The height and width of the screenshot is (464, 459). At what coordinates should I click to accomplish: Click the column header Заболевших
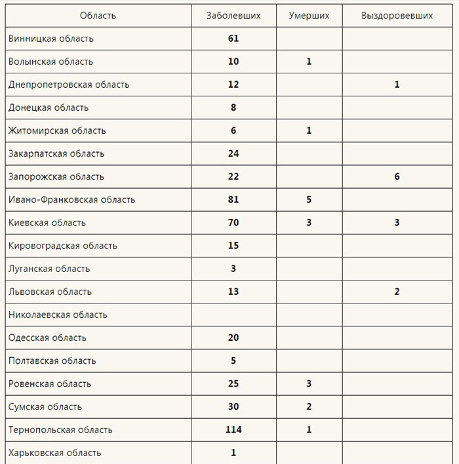coord(233,16)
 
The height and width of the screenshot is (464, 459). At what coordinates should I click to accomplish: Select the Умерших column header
coord(309,16)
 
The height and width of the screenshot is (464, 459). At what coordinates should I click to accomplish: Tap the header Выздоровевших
coord(397,16)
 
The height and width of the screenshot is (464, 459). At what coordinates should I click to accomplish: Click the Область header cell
coord(98,16)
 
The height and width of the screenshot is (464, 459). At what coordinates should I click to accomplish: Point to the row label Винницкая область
coord(51,39)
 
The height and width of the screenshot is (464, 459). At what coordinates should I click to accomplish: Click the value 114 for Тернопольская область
coord(233,430)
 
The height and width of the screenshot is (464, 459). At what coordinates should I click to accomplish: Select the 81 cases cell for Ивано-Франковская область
coord(233,200)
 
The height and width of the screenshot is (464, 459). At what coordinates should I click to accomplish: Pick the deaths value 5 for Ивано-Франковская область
coord(309,200)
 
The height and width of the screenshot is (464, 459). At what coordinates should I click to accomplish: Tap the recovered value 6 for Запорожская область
coord(397,177)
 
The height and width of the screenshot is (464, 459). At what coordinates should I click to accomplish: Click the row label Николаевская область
coord(58,315)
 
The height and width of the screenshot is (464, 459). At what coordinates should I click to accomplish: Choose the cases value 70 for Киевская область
coord(233,223)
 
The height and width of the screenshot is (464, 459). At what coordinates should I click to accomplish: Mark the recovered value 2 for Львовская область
coord(397,292)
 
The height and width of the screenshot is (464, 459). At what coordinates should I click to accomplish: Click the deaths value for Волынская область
coord(309,62)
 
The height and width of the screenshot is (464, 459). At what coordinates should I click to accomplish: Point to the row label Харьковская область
coord(55,453)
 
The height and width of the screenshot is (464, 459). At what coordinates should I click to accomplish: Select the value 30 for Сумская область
coord(233,407)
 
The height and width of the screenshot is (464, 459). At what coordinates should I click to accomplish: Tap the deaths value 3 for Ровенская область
coord(309,384)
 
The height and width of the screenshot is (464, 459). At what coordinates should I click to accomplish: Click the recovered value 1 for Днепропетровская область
coord(397,85)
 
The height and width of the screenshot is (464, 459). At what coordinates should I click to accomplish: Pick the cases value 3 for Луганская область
coord(233,269)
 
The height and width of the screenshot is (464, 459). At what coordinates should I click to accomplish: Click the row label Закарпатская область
coord(56,154)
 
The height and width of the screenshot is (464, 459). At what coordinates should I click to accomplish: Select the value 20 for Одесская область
coord(233,338)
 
